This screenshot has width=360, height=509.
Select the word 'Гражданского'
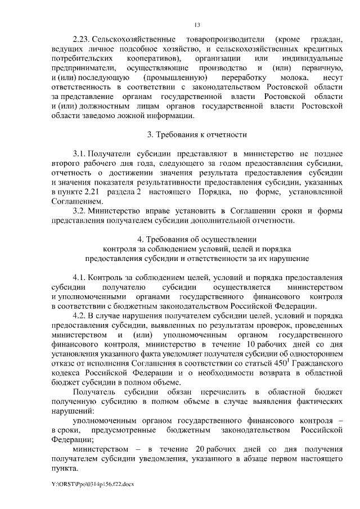[315, 363]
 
